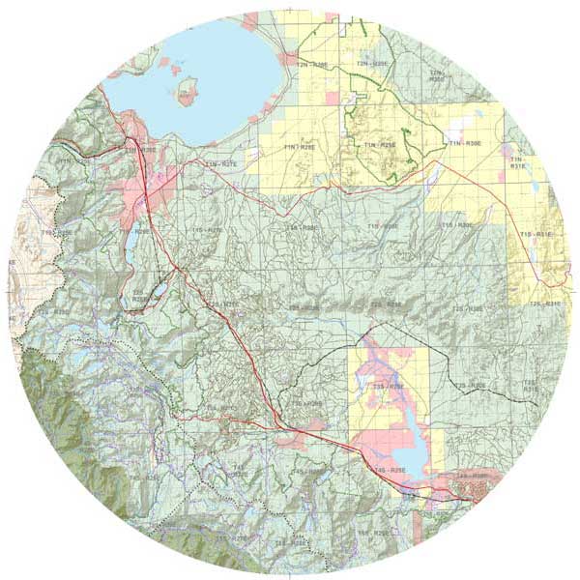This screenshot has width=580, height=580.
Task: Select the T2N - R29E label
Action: [x=370, y=64]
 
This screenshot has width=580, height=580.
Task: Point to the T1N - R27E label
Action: [x=221, y=165]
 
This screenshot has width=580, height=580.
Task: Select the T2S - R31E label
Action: [x=545, y=304]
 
